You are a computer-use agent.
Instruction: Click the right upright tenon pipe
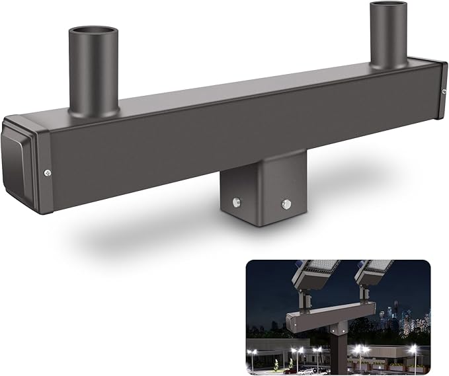(x=389, y=36)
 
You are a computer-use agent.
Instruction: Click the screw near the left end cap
(x=48, y=172)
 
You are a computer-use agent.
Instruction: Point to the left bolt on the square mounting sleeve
(x=236, y=200)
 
